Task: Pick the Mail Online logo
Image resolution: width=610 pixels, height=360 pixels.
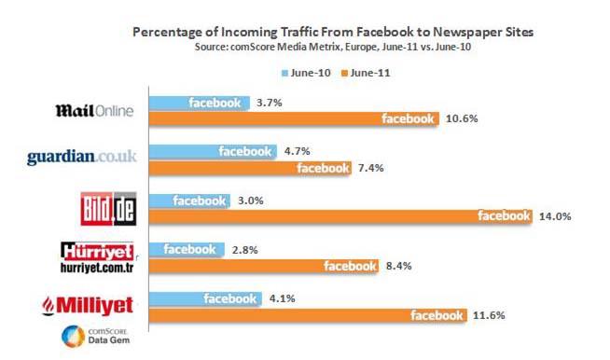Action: point(95,111)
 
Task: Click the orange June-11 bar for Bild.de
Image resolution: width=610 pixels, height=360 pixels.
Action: point(340,216)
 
